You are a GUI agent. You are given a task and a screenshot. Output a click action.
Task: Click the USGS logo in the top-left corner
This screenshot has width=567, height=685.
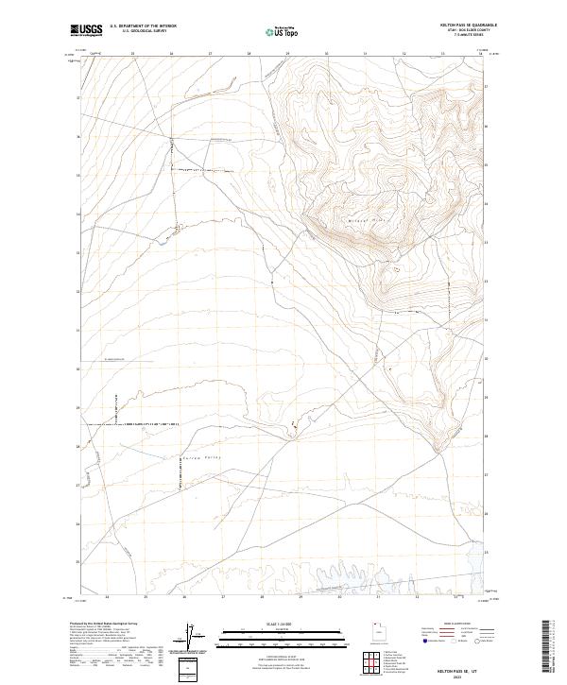click(x=86, y=30)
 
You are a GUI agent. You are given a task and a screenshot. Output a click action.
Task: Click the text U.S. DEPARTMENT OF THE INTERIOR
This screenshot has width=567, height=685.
click(x=143, y=26)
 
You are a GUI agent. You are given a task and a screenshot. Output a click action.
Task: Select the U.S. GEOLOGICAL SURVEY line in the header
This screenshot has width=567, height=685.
click(x=138, y=31)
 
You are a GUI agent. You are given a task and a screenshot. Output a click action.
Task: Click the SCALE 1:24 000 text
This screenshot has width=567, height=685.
click(x=283, y=624)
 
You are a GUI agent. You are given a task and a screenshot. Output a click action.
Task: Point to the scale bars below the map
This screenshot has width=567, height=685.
click(x=283, y=639)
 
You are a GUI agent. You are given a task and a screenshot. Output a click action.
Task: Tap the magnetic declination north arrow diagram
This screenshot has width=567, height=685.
click(x=199, y=639)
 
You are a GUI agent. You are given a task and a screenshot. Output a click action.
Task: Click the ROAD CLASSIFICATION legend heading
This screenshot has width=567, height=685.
click(x=463, y=625)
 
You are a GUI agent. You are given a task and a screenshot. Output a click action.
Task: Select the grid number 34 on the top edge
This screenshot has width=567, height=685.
click(x=480, y=54)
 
